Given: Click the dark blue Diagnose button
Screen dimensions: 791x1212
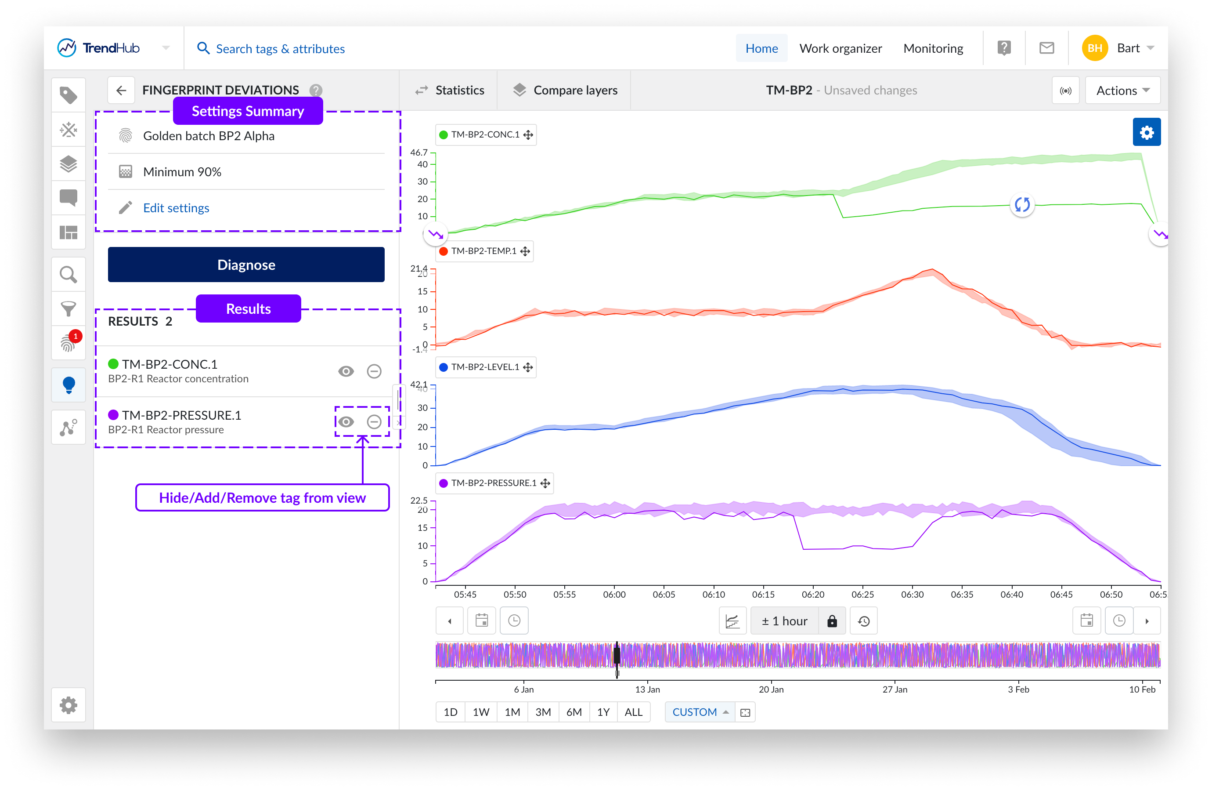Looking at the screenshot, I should [x=246, y=265].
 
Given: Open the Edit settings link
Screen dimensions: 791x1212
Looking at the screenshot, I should [x=176, y=208].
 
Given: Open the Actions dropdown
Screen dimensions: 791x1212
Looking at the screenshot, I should [x=1122, y=90].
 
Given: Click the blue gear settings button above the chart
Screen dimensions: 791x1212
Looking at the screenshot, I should [x=1146, y=133].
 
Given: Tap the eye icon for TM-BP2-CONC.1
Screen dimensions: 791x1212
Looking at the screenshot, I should [x=346, y=371].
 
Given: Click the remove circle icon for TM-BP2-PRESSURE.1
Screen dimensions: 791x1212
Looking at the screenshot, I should [x=374, y=422].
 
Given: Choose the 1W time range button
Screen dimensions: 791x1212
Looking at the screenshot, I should [x=481, y=712].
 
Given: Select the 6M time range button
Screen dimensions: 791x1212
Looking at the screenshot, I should [x=574, y=712].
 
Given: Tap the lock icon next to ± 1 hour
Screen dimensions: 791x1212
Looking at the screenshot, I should [x=832, y=621].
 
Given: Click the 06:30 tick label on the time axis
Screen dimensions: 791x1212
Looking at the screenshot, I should [x=912, y=594].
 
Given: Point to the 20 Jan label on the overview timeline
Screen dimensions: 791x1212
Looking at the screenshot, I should [x=771, y=689].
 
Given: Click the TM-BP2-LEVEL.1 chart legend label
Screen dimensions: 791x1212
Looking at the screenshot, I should [x=485, y=367].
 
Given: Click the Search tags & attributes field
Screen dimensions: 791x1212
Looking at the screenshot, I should [x=280, y=48].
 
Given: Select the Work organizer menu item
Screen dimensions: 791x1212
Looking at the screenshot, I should [x=840, y=48].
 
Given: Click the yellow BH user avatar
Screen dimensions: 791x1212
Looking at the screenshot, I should [x=1094, y=48].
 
